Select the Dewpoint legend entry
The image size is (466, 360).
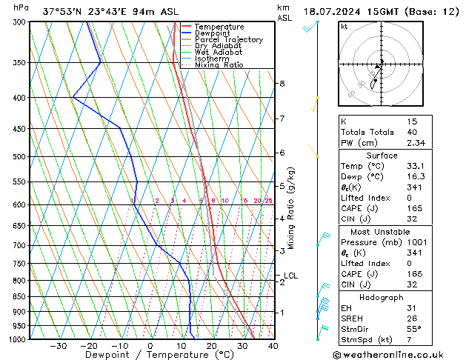tap(216, 33)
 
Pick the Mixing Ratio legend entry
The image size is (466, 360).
tap(219, 65)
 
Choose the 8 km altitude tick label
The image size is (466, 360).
tap(282, 84)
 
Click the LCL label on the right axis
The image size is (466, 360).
tap(291, 276)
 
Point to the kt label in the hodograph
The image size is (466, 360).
tap(344, 26)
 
